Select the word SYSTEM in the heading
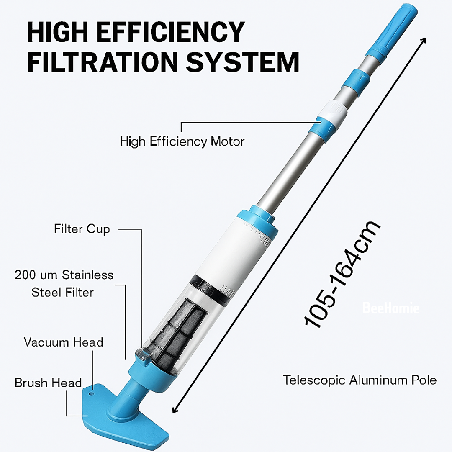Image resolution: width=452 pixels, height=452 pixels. (x=242, y=62)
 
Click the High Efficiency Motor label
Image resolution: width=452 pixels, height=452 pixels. (x=182, y=141)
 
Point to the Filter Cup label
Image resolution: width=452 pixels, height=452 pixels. (x=82, y=229)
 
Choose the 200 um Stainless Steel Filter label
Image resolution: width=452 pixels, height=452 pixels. (x=64, y=284)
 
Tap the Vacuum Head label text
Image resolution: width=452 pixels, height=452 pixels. (x=64, y=342)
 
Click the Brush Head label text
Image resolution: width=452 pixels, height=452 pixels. (x=48, y=383)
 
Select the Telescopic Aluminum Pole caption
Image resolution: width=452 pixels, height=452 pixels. (x=360, y=380)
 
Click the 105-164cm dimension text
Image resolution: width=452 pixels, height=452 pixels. (x=342, y=275)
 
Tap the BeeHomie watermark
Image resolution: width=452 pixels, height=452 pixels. (x=390, y=308)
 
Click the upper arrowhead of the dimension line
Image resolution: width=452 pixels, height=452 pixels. (x=423, y=40)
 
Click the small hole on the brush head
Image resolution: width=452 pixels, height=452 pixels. (x=91, y=393)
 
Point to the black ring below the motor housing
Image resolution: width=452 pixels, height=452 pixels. (x=211, y=287)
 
